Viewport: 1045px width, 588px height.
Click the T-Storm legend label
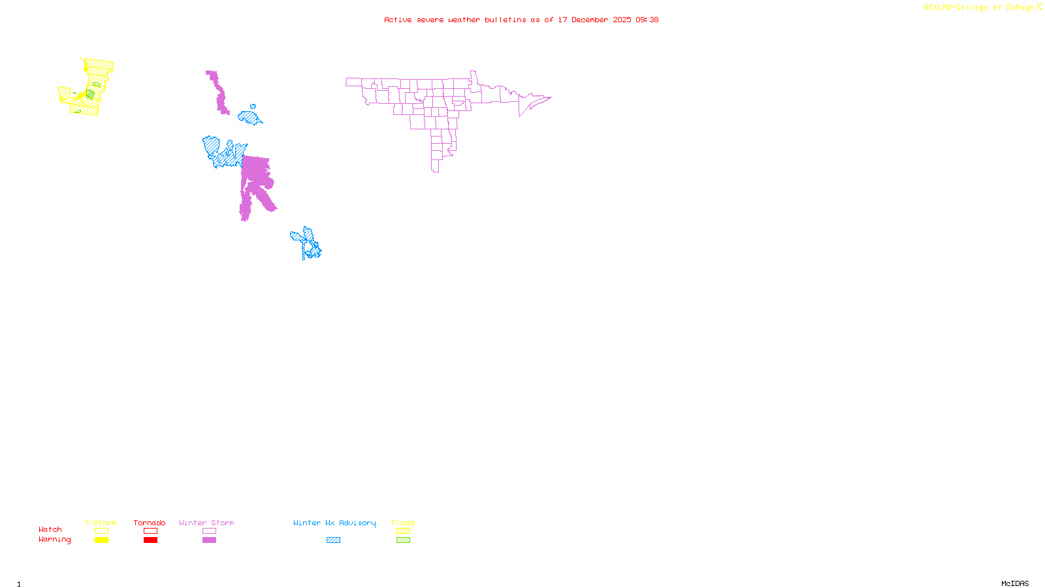101,523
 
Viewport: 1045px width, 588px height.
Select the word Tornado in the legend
150,523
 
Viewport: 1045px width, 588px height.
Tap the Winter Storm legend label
206,523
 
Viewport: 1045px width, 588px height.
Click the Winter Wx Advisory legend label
334,523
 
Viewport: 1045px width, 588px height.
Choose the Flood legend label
403,523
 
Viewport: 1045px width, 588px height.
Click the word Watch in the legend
50,529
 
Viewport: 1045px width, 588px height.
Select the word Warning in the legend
54,540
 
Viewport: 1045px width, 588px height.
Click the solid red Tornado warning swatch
150,540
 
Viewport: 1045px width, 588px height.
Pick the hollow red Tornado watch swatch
150,531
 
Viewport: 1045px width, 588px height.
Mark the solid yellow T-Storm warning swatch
101,540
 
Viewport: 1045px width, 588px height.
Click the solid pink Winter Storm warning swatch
209,540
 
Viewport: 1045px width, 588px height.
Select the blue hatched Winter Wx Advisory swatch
333,540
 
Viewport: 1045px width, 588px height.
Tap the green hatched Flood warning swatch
403,540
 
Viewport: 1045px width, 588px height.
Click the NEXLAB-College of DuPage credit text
979,8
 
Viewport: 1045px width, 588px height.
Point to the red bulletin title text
521,20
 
